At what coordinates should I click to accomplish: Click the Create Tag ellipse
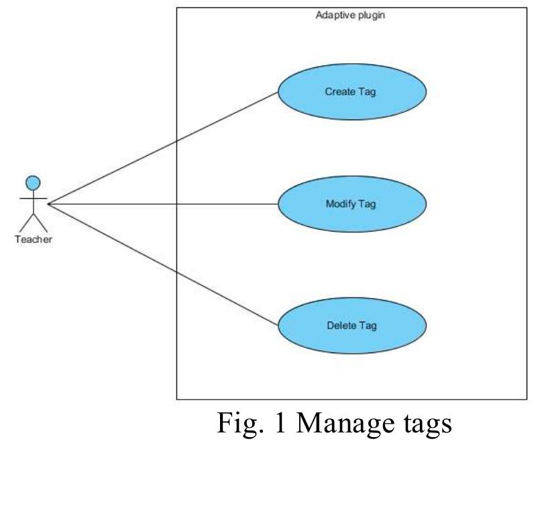352,92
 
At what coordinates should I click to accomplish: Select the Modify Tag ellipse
352,204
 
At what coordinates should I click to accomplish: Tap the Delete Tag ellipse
352,326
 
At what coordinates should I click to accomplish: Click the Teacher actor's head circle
33,182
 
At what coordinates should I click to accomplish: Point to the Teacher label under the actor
33,240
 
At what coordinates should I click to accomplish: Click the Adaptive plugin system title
350,15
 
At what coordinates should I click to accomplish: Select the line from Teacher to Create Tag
161,148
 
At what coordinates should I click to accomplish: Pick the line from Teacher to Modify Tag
161,203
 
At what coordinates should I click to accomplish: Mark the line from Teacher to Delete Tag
161,263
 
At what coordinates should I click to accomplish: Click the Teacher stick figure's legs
33,222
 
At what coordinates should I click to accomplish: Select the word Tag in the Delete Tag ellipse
368,326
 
